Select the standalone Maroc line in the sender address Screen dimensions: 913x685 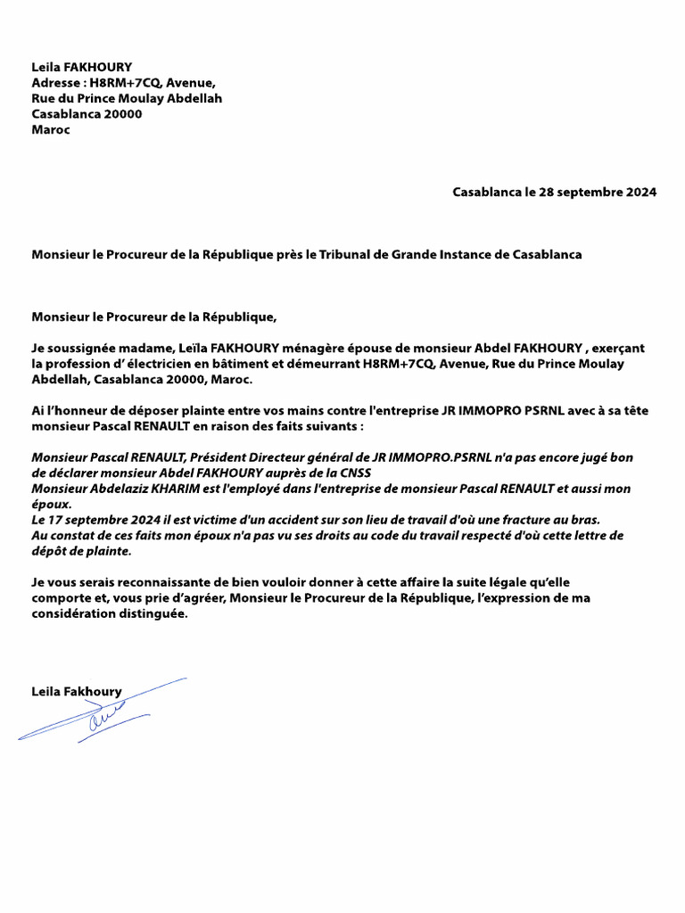[x=51, y=129]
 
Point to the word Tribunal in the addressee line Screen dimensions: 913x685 [x=345, y=254]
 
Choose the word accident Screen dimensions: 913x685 [x=325, y=520]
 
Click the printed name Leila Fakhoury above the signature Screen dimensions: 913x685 [x=76, y=691]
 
